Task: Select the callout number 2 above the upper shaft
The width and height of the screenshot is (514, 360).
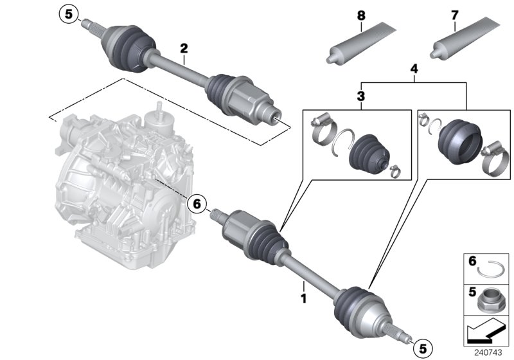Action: pyautogui.click(x=184, y=48)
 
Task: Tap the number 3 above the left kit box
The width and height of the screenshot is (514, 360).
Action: pyautogui.click(x=360, y=97)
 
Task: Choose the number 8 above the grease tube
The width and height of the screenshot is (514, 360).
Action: pyautogui.click(x=361, y=14)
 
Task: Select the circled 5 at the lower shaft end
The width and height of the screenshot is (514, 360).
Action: pyautogui.click(x=422, y=348)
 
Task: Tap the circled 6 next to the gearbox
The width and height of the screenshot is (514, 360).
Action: pyautogui.click(x=197, y=204)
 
